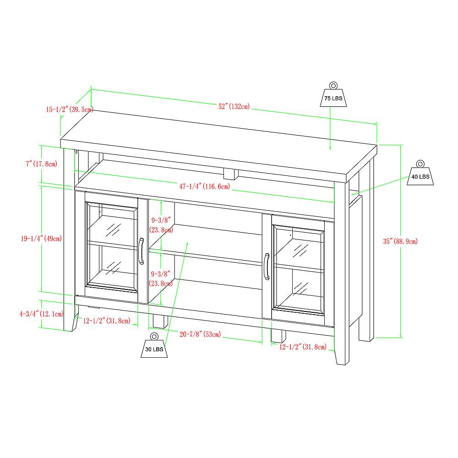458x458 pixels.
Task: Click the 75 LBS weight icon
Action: [x=333, y=95]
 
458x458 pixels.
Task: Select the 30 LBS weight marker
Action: [x=154, y=346]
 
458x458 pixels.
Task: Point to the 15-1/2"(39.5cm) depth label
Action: [x=70, y=109]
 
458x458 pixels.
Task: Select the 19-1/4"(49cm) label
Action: [x=41, y=238]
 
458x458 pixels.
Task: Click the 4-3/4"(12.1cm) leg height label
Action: [x=41, y=314]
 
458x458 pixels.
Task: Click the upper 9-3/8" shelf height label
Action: [x=161, y=224]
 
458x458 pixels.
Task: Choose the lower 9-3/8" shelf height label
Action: [x=161, y=278]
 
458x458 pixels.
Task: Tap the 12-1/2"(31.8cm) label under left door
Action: [x=107, y=321]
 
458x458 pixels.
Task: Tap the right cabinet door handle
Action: [x=266, y=266]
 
